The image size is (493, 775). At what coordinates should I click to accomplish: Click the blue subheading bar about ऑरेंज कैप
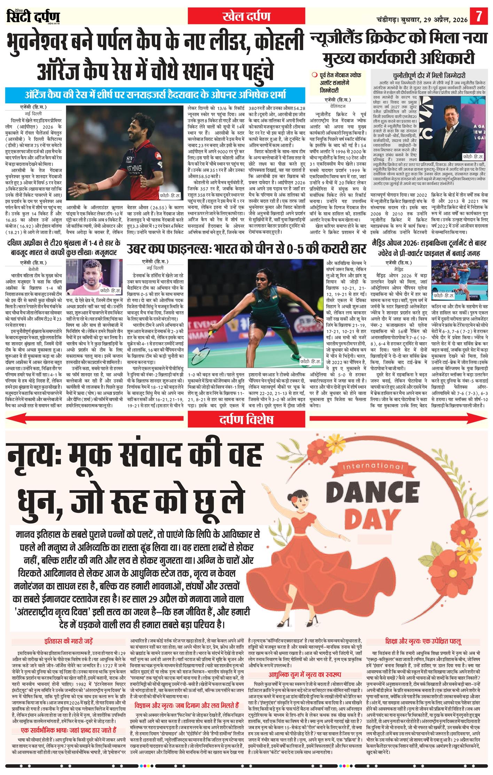click(155, 94)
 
